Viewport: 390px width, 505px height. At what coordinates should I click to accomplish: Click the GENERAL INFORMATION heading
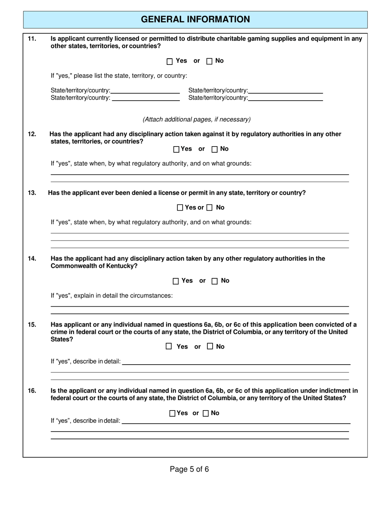coord(195,19)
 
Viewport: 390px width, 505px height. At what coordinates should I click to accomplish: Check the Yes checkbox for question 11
coord(170,61)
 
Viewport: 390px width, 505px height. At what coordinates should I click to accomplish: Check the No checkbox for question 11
coord(209,61)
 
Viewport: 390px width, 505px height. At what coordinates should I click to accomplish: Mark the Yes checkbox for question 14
coord(176,281)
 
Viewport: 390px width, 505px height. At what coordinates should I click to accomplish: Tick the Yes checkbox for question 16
coord(172,413)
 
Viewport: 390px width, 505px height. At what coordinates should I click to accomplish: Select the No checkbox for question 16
coord(206,413)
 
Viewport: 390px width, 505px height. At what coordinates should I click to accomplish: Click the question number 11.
coord(32,39)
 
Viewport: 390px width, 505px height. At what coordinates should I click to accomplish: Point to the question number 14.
coord(32,258)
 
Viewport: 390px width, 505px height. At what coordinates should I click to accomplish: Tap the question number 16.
coord(32,390)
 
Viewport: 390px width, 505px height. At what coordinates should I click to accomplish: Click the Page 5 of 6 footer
coord(189,469)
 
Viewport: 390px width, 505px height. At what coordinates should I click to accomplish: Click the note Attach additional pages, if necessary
coord(196,119)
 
